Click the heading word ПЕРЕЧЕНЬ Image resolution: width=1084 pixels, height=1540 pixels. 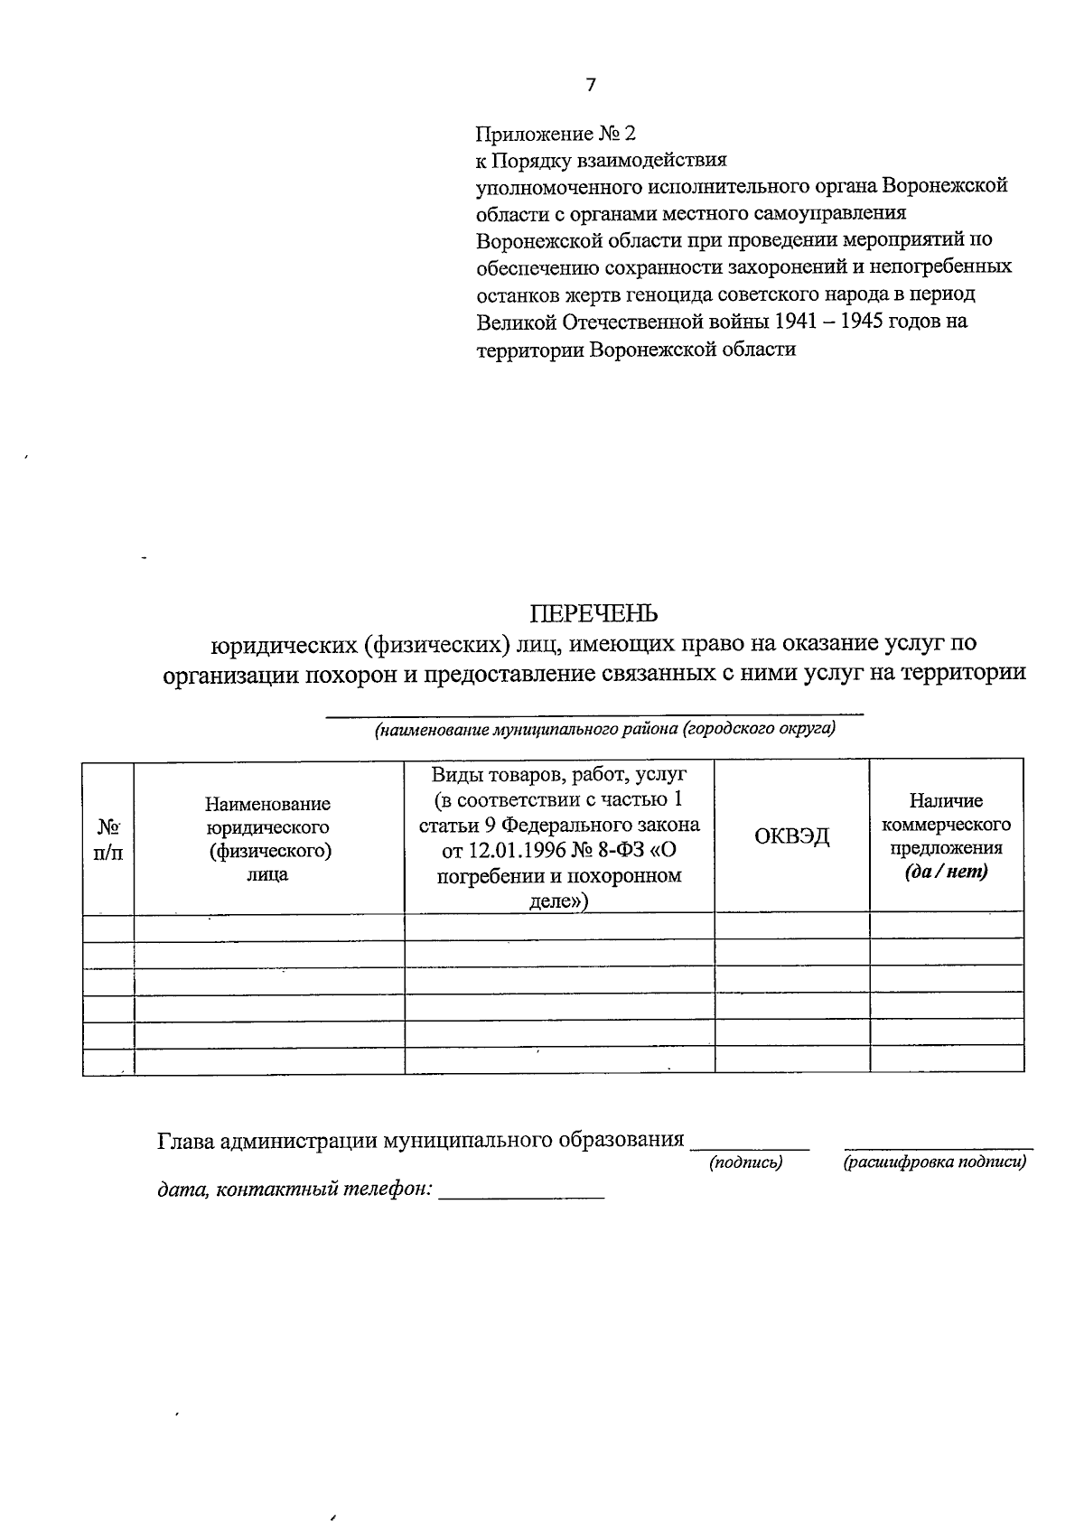593,614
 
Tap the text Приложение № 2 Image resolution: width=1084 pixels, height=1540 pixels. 556,134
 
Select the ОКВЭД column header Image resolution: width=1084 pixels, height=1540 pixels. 791,835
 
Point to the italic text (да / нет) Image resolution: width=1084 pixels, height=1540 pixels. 946,872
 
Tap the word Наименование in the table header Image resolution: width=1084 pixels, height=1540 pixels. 267,803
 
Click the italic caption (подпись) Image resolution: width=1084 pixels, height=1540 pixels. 745,1162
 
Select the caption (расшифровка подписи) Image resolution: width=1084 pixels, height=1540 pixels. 935,1162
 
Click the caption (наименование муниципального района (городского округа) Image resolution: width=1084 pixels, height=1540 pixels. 604,729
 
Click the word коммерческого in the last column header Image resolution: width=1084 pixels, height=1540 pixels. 946,825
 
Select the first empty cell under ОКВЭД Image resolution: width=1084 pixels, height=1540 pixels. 791,926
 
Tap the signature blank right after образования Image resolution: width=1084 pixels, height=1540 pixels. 749,1143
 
